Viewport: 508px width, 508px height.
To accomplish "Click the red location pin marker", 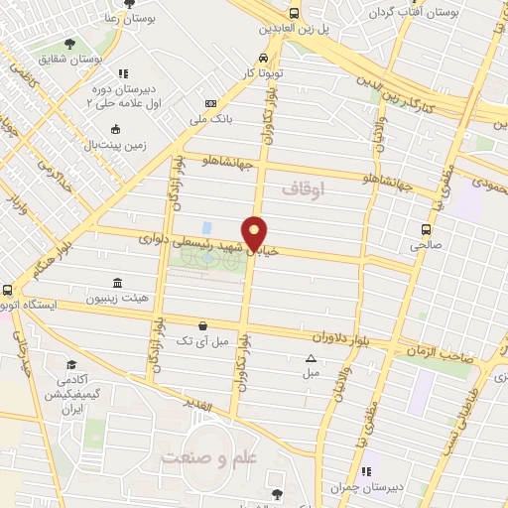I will (255, 232).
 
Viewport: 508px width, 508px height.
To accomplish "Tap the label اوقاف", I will (303, 188).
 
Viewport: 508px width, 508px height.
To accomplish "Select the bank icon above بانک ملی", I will (210, 104).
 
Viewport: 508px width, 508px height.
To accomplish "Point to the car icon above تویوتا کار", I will (263, 58).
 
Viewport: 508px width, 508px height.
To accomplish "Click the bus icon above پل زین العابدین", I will (294, 13).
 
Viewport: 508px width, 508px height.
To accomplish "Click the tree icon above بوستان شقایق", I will (69, 43).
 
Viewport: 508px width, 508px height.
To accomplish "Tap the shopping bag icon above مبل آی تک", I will (203, 324).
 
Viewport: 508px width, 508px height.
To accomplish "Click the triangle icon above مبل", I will (311, 358).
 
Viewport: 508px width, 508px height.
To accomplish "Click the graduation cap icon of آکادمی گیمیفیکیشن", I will (70, 364).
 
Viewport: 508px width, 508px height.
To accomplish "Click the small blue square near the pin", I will (206, 228).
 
